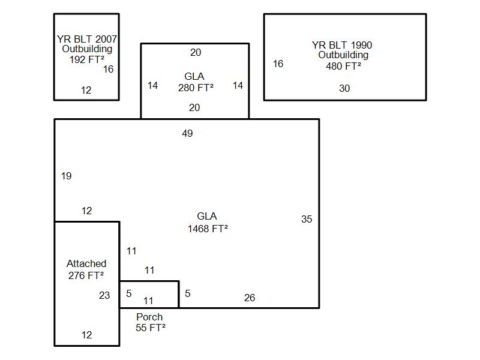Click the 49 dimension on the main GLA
coord(187,133)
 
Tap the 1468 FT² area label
coord(208,229)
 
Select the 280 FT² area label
coord(196,87)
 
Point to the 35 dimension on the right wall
coord(307,219)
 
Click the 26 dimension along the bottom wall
coord(250,298)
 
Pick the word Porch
coord(149,317)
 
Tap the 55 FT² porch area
coord(151,328)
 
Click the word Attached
coord(86,263)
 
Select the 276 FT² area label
coord(86,275)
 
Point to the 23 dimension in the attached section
coord(104,295)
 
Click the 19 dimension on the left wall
coord(66,176)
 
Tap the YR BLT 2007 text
coord(87,39)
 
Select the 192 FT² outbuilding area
coord(86,59)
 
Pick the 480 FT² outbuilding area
coord(344,66)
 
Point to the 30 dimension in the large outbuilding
coord(344,88)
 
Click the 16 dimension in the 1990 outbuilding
coord(278,64)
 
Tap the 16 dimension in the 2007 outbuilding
coord(108,69)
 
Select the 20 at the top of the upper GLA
coord(196,53)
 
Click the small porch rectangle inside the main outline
coord(162,294)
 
